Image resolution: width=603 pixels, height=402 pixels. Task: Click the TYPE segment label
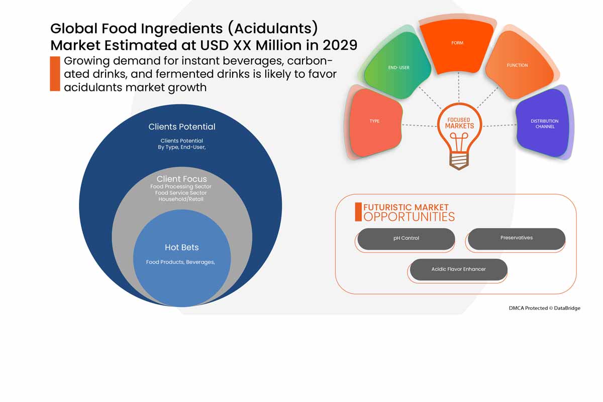point(375,121)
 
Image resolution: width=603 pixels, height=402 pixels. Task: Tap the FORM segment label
point(457,43)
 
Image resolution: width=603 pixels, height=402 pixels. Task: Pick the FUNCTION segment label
point(517,66)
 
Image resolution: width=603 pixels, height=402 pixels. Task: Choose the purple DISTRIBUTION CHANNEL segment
point(544,124)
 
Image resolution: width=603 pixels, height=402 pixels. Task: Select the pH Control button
point(406,238)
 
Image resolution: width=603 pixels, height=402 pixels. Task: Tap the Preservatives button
point(517,238)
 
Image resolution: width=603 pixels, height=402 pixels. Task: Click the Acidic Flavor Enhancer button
point(458,270)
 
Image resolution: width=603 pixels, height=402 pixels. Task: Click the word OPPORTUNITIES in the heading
point(409,217)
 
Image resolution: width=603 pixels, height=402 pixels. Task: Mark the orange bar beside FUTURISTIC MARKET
point(358,212)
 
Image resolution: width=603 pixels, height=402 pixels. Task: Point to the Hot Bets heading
point(181,247)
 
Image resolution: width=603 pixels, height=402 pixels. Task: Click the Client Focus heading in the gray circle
point(181,179)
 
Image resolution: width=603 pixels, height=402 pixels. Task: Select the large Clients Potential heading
point(181,127)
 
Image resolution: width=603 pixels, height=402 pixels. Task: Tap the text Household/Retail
point(181,199)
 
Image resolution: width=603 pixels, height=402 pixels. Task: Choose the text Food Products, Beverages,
point(180,262)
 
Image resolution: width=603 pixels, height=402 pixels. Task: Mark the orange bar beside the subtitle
point(55,74)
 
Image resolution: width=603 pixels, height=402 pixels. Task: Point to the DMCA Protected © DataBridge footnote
point(544,308)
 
